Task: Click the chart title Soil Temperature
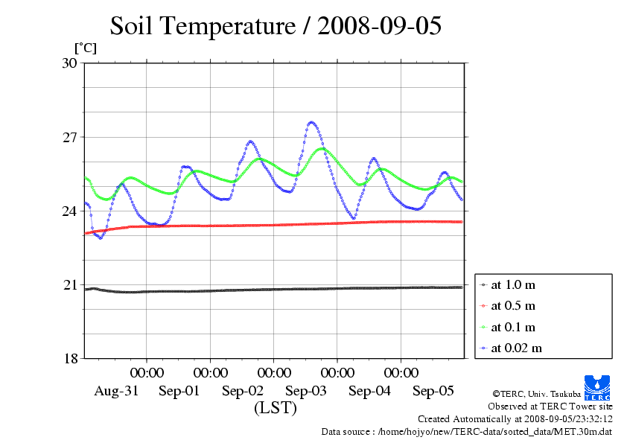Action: tap(276, 26)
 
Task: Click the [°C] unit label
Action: tap(85, 48)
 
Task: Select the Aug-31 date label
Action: tap(116, 391)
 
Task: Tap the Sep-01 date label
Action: tap(179, 391)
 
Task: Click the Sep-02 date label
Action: tap(243, 391)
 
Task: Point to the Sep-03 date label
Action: tap(306, 391)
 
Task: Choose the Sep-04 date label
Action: tap(369, 391)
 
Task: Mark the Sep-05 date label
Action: tap(433, 391)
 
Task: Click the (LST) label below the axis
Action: tap(275, 408)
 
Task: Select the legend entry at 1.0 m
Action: tap(513, 285)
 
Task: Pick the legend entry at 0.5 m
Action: tap(513, 306)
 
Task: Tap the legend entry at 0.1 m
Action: tap(513, 327)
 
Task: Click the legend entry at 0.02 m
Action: tap(516, 348)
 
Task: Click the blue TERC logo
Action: tap(598, 386)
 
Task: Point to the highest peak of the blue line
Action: tap(311, 122)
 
